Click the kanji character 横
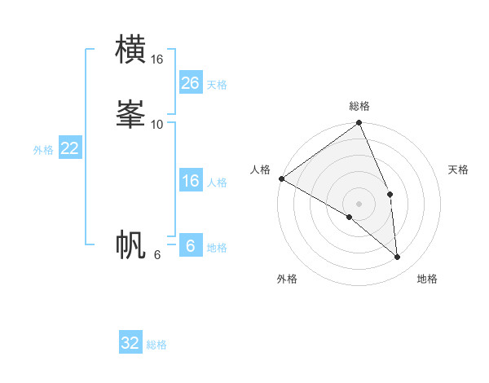coord(131,50)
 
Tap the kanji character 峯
coord(131,114)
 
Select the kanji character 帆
coord(131,244)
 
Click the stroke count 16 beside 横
coord(157,59)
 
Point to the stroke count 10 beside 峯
coord(157,124)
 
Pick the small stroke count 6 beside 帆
coord(157,255)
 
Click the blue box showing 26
coord(191,83)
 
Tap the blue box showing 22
coord(70,148)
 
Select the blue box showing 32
coord(130,343)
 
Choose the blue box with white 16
coord(191,181)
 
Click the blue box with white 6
coord(191,245)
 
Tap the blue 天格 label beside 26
coord(217,85)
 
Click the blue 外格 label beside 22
coord(43,150)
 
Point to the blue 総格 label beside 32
coord(156,345)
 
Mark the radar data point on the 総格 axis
coord(359,124)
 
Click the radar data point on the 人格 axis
coord(281,178)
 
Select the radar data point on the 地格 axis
coord(397,257)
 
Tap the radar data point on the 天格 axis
coord(390,194)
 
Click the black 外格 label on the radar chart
coord(287,279)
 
